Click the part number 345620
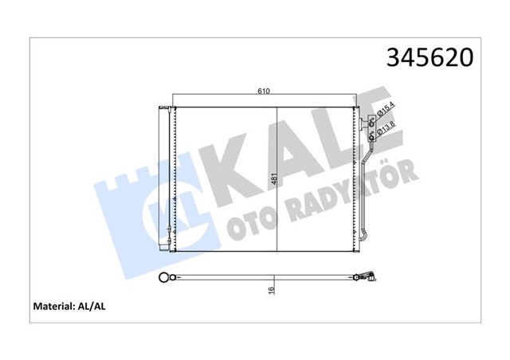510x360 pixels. pyautogui.click(x=430, y=57)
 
